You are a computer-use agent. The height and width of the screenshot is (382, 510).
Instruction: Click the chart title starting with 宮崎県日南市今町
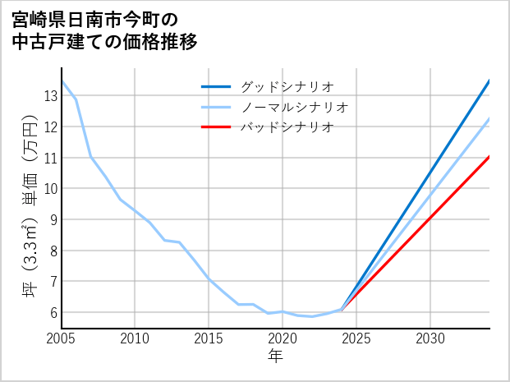pos(106,30)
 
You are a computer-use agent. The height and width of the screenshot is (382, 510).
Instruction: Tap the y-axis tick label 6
pos(53,313)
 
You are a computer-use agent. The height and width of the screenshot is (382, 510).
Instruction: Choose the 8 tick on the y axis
pos(53,251)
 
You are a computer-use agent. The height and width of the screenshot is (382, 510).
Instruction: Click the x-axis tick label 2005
pos(61,338)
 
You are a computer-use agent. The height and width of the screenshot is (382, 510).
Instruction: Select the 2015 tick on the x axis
pos(209,338)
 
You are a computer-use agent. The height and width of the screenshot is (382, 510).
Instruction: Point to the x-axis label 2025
pos(356,338)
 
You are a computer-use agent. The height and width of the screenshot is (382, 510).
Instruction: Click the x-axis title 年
pos(275,357)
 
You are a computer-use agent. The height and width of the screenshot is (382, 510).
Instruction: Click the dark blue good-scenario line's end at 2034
pos(489,81)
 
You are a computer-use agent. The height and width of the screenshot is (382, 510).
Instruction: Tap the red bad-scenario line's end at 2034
pos(489,156)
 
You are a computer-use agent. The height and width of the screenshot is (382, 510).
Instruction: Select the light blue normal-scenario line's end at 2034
pos(489,118)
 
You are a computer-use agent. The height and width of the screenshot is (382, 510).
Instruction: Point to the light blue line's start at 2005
pos(62,81)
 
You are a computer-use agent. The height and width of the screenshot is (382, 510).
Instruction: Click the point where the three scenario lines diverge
pos(342,310)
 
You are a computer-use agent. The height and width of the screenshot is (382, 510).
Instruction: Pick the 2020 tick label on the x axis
pos(283,338)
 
